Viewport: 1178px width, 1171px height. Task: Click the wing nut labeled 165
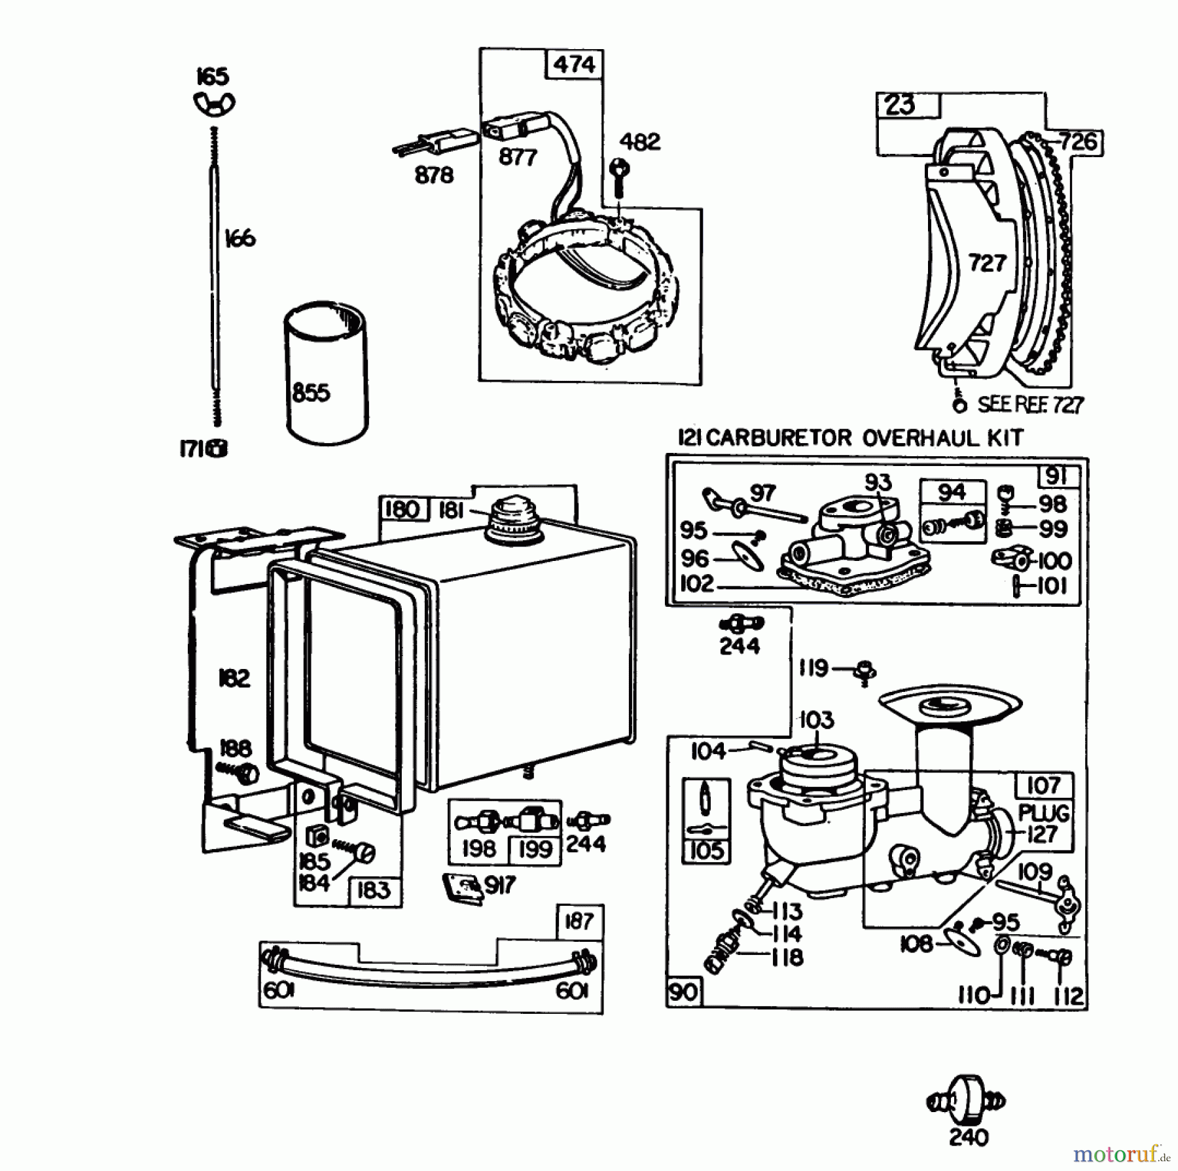coord(214,103)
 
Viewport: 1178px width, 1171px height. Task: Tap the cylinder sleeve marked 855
coord(325,373)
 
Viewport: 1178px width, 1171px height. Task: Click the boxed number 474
coord(574,64)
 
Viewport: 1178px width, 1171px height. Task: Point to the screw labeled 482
coord(618,175)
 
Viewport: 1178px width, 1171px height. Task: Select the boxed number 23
coord(901,105)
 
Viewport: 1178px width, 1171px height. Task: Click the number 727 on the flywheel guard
coord(986,263)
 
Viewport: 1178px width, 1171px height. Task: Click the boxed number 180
coord(402,509)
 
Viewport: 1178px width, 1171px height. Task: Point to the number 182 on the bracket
coord(234,678)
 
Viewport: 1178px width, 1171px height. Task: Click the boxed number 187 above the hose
coord(579,922)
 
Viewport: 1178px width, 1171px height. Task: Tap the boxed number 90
coord(683,992)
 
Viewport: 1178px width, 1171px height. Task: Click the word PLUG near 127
coord(1043,813)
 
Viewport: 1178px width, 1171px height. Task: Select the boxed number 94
coord(952,492)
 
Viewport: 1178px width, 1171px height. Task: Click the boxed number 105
coord(706,850)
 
